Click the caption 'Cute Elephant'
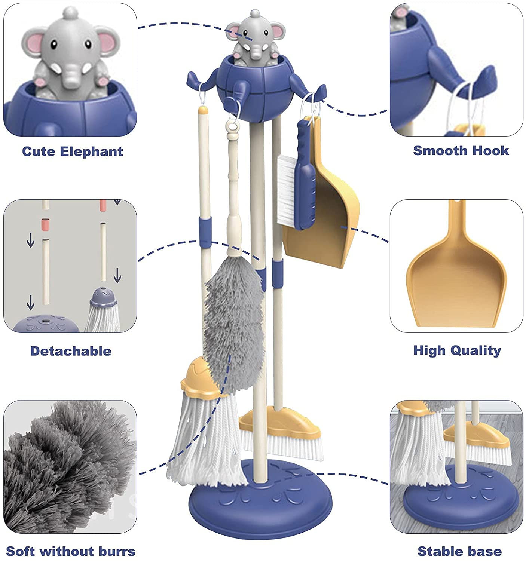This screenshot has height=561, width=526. [72, 151]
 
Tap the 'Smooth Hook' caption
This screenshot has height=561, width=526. [461, 151]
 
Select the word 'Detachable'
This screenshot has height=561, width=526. [71, 351]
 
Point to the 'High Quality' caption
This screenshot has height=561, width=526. [457, 350]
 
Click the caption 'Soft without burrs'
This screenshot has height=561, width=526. [71, 551]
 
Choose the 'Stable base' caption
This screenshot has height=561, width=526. [459, 551]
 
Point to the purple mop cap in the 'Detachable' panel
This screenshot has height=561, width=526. [104, 297]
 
